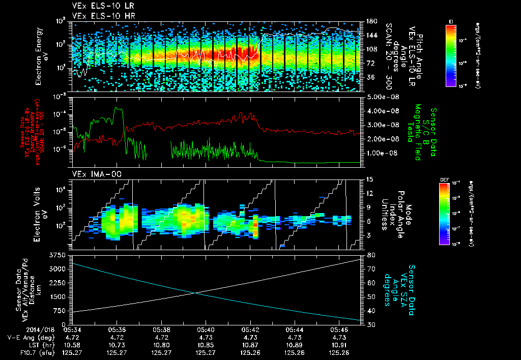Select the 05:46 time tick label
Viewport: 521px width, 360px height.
click(x=340, y=329)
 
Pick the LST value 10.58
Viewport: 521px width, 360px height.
click(x=72, y=344)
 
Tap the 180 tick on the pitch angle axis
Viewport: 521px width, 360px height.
click(x=370, y=21)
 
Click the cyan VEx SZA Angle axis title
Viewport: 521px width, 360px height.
click(x=400, y=286)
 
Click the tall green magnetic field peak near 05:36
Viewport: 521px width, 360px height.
click(x=118, y=109)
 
